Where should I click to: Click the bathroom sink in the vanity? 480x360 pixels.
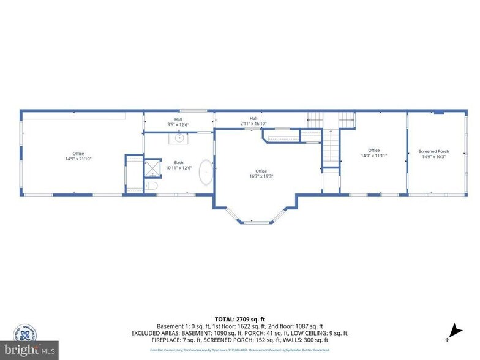point(179,138)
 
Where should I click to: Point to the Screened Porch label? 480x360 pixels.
point(433,151)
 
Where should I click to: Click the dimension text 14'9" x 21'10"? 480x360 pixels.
point(78,159)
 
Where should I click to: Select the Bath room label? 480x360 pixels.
point(179,162)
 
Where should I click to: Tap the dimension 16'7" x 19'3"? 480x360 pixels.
point(261,176)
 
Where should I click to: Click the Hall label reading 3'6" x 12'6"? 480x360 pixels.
point(179,124)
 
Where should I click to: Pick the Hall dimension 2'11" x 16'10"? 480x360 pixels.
point(253,123)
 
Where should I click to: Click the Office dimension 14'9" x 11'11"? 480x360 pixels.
point(374,155)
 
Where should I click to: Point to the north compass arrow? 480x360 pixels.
point(454,328)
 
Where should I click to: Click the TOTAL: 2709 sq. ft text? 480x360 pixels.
point(239,318)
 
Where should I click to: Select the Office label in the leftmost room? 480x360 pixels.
point(78,154)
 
